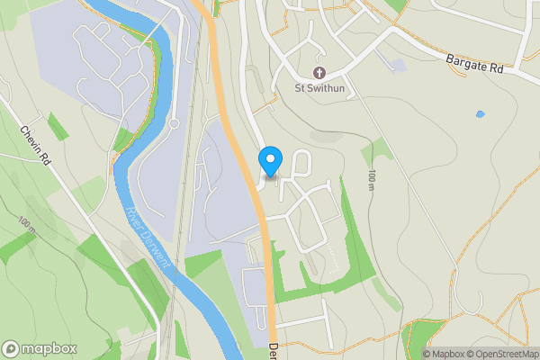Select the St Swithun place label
click(319, 88)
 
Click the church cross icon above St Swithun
click(319, 72)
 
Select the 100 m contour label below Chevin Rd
click(26, 226)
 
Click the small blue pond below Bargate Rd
click(480, 114)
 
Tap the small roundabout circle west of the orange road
click(175, 123)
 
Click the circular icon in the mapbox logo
click(12, 349)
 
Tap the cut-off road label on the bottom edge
click(273, 351)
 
